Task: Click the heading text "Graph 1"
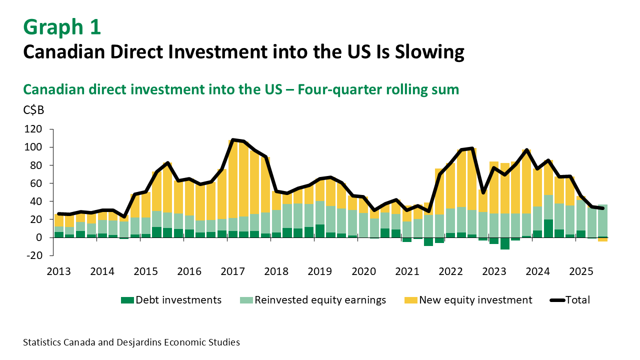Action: click(62, 27)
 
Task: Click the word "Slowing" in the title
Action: click(430, 52)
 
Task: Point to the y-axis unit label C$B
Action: click(33, 110)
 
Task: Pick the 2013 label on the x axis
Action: click(58, 271)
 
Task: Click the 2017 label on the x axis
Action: click(232, 271)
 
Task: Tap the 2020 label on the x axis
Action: click(363, 271)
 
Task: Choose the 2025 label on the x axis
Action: click(581, 271)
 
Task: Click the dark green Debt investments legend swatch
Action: click(127, 300)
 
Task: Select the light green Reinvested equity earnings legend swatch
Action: click(246, 300)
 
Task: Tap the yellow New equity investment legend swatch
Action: click(410, 300)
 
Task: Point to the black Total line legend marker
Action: click(557, 300)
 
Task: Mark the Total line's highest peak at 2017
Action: click(233, 140)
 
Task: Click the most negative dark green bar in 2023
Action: click(504, 243)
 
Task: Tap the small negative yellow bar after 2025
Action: click(602, 239)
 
